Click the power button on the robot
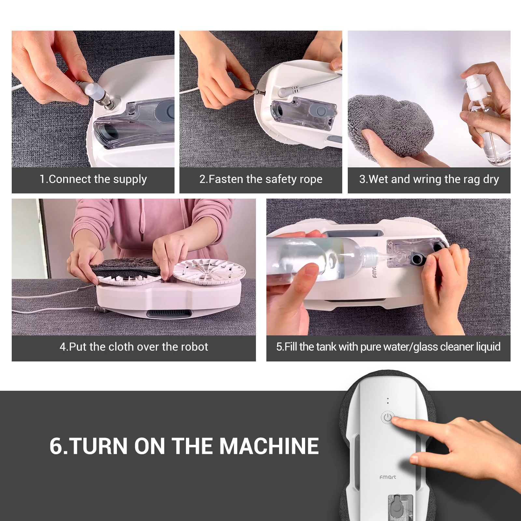point(387,417)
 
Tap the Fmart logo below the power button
point(388,477)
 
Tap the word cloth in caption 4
point(122,347)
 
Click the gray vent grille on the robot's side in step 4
point(167,314)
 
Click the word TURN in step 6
point(98,446)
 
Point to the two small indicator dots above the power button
point(387,401)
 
